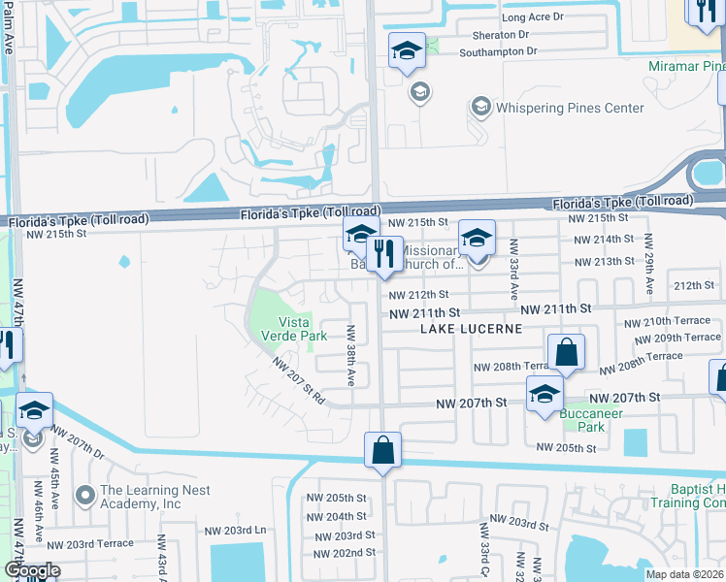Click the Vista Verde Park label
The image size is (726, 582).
click(294, 329)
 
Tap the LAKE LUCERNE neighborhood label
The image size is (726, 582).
click(471, 329)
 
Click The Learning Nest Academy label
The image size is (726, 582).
click(141, 498)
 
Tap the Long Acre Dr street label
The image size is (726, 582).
click(532, 17)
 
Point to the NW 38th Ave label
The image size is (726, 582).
click(350, 354)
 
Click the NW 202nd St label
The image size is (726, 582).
click(345, 552)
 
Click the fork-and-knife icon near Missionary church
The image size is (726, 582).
click(386, 254)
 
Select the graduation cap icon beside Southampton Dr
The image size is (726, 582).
click(408, 51)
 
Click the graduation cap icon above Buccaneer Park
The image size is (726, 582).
click(544, 394)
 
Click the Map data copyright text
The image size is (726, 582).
click(685, 574)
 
